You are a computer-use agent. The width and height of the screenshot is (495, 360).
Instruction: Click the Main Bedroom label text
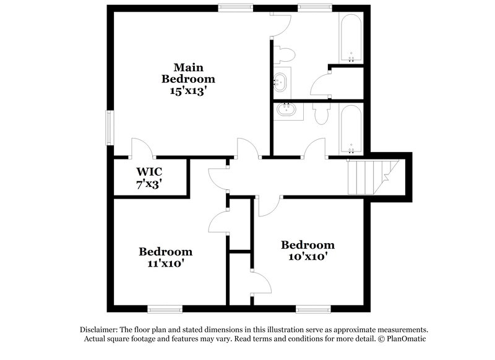(188, 73)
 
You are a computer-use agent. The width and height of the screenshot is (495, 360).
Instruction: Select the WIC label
(148, 172)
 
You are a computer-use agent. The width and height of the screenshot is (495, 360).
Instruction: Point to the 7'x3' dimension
(148, 184)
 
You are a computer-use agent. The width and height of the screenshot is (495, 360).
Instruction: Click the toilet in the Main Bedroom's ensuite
(285, 53)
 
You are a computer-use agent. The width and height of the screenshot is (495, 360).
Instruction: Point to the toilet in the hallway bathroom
(321, 113)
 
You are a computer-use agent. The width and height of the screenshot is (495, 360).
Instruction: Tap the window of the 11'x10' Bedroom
(165, 309)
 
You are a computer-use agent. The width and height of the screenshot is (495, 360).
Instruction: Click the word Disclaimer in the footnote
(101, 330)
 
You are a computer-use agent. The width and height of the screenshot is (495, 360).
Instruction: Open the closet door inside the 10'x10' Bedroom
(261, 284)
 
